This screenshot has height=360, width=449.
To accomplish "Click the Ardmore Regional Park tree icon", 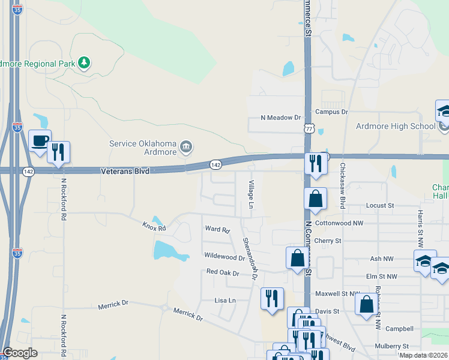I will pyautogui.click(x=85, y=62).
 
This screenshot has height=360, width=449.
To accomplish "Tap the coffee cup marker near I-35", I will pyautogui.click(x=40, y=142).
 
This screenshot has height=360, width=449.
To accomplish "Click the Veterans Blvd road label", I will pyautogui.click(x=125, y=171).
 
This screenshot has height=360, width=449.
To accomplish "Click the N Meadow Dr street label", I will pyautogui.click(x=280, y=118).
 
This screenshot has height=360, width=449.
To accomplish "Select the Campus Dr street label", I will pyautogui.click(x=331, y=112).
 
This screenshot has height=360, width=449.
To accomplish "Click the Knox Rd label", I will pyautogui.click(x=153, y=227).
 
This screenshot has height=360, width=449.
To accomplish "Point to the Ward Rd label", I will pyautogui.click(x=217, y=229).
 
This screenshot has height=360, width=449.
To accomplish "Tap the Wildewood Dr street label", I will pyautogui.click(x=224, y=257).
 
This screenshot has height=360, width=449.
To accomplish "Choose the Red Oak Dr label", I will pyautogui.click(x=223, y=272).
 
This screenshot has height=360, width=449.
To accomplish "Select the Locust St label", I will pyautogui.click(x=379, y=205).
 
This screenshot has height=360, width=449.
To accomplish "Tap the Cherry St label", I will pyautogui.click(x=330, y=241).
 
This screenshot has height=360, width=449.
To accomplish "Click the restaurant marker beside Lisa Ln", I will pyautogui.click(x=272, y=298).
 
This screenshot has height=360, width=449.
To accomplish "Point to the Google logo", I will pyautogui.click(x=20, y=353).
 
